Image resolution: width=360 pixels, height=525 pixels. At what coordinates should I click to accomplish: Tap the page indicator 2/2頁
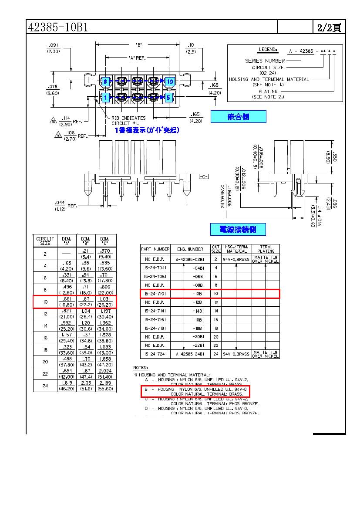click(x=329, y=27)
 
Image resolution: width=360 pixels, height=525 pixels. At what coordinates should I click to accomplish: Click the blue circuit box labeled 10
click(x=170, y=81)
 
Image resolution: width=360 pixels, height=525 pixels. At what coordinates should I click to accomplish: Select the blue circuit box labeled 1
click(x=105, y=97)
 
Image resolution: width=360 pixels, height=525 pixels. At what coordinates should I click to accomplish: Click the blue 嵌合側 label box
click(x=238, y=116)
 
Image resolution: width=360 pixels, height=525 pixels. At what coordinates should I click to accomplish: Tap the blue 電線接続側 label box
click(x=238, y=229)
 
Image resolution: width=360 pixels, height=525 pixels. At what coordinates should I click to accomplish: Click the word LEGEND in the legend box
click(x=268, y=51)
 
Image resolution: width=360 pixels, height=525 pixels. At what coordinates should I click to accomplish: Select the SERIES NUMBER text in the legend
click(x=265, y=61)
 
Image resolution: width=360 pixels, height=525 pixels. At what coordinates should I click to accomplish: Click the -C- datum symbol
click(x=204, y=176)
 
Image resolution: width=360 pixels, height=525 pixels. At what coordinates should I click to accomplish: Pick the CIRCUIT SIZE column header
click(x=45, y=241)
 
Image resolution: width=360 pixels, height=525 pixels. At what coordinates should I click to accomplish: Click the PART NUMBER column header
click(x=155, y=249)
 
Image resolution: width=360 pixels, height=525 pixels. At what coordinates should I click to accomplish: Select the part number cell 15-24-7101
click(x=155, y=294)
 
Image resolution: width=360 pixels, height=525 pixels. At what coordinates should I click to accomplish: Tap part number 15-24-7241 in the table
click(x=155, y=354)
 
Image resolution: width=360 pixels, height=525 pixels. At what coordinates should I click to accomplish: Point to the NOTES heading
click(x=140, y=368)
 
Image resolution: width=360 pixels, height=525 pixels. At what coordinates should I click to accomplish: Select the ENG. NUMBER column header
click(x=190, y=249)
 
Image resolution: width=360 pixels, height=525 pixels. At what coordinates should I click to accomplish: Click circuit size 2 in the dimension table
click(x=45, y=254)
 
